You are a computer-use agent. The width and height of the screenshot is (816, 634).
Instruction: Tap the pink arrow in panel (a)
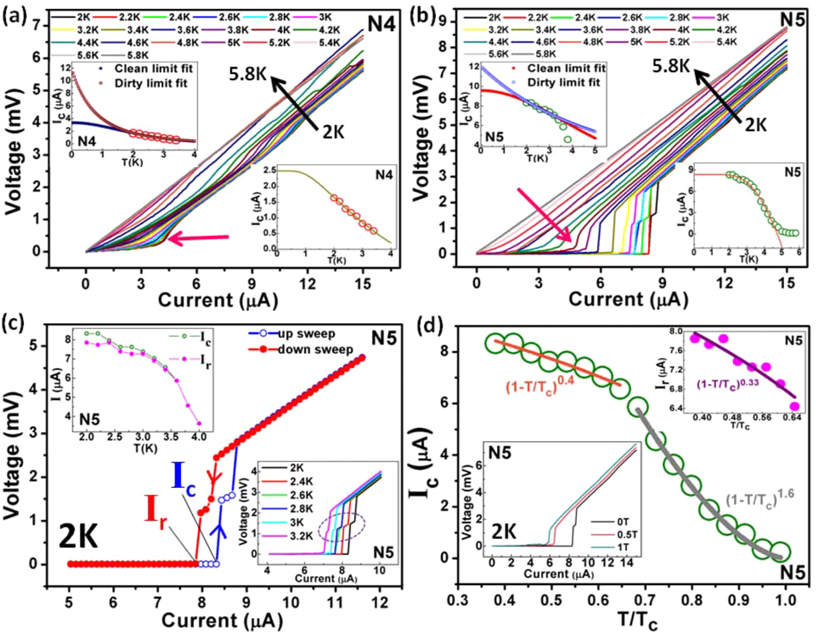coord(198,239)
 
